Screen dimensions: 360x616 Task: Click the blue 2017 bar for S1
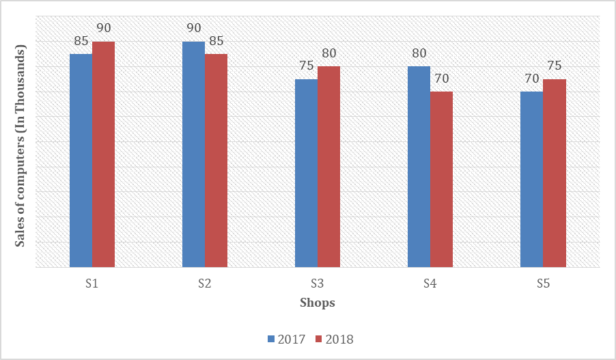[x=81, y=160]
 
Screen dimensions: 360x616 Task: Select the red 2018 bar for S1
[x=103, y=154]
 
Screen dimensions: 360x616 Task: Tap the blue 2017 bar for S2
[x=193, y=154]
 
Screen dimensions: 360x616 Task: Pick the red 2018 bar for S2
[x=216, y=160]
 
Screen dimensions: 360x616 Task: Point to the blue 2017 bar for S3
[x=306, y=173]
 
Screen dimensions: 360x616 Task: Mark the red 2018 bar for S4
[x=441, y=179]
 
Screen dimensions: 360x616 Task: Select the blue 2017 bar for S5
[x=531, y=179]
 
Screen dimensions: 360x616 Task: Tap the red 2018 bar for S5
[x=555, y=173]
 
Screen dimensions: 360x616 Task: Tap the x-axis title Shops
[x=318, y=303]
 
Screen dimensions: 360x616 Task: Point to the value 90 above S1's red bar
[x=104, y=29]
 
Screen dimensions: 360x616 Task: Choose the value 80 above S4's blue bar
[x=419, y=53]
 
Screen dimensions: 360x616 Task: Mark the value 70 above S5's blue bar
[x=531, y=79]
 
